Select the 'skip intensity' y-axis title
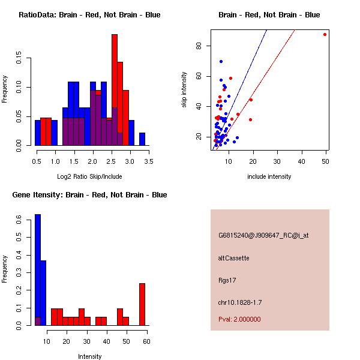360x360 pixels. [185, 90]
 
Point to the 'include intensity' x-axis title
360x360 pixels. [269, 176]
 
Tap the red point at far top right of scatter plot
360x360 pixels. [325, 34]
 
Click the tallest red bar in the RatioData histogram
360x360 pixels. [114, 90]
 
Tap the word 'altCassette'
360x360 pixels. [233, 258]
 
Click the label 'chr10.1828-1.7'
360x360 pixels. [240, 302]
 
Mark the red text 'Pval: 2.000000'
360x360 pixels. [239, 319]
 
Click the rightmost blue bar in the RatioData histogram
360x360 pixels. [142, 139]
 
